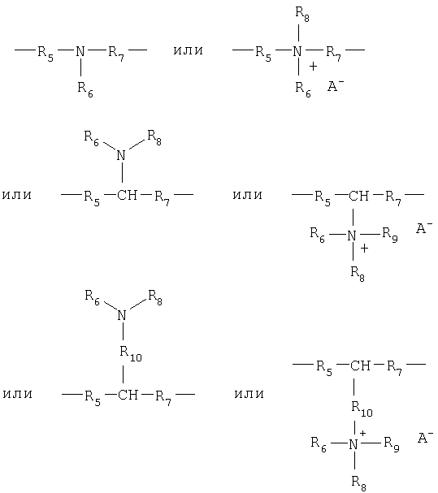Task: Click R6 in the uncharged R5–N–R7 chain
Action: click(x=85, y=89)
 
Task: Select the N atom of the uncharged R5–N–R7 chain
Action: click(x=80, y=51)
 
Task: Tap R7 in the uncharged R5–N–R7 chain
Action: click(x=116, y=53)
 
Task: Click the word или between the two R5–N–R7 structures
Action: click(x=189, y=50)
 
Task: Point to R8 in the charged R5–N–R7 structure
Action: click(x=302, y=14)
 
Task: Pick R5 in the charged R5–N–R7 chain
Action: click(x=263, y=54)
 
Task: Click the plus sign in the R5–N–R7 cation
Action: click(x=313, y=67)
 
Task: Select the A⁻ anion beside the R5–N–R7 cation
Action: click(x=336, y=85)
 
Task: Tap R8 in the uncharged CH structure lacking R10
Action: click(x=154, y=138)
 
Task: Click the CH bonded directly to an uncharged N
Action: click(x=127, y=195)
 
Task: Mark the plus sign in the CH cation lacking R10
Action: click(x=364, y=249)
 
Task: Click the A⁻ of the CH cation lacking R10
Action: click(x=424, y=228)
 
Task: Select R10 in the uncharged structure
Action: click(x=131, y=353)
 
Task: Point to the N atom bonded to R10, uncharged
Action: click(x=122, y=315)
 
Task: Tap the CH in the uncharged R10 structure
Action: click(x=128, y=394)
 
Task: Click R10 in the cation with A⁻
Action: click(x=362, y=409)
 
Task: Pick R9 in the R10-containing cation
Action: click(x=392, y=444)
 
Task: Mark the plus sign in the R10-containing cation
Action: click(x=362, y=433)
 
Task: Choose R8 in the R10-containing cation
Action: click(x=359, y=483)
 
